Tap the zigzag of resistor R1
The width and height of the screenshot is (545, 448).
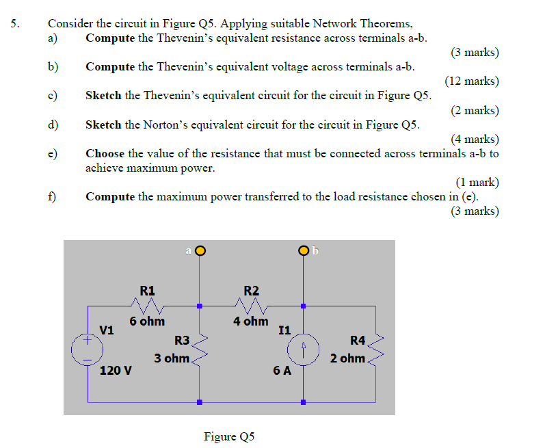click(148, 303)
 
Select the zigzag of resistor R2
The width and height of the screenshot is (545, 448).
click(251, 303)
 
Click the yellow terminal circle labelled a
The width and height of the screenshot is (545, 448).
click(200, 251)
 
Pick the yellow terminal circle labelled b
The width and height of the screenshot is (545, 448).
click(302, 251)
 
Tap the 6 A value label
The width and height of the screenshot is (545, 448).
click(282, 371)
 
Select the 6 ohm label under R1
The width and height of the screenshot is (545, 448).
click(147, 321)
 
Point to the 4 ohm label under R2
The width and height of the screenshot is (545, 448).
click(250, 321)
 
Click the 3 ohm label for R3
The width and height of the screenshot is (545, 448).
click(171, 358)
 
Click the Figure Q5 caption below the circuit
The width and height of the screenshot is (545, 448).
click(229, 436)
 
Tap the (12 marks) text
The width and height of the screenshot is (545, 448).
click(471, 81)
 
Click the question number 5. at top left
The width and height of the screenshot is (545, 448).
click(16, 24)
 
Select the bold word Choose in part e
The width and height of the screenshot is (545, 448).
click(105, 154)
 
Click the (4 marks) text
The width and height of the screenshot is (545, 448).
click(475, 140)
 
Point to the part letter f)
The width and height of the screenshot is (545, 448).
click(52, 197)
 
